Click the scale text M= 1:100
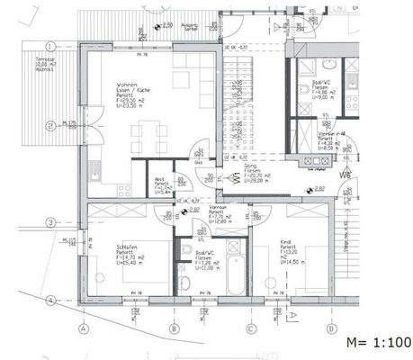tap(378, 343)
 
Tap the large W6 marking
tap(346, 174)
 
